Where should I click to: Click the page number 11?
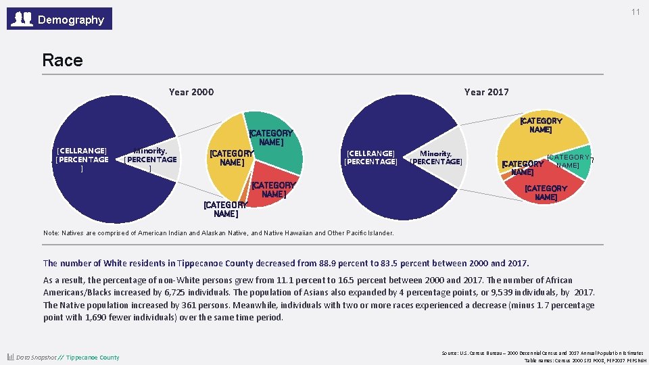point(635,13)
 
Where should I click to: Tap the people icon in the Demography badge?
point(23,19)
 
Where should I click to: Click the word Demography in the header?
point(71,20)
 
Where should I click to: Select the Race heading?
point(62,60)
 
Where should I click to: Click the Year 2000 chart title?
point(191,92)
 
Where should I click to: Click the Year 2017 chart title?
point(486,92)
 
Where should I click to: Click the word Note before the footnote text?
point(51,233)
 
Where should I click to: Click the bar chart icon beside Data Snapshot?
point(11,357)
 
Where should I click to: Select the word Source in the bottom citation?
point(451,353)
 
